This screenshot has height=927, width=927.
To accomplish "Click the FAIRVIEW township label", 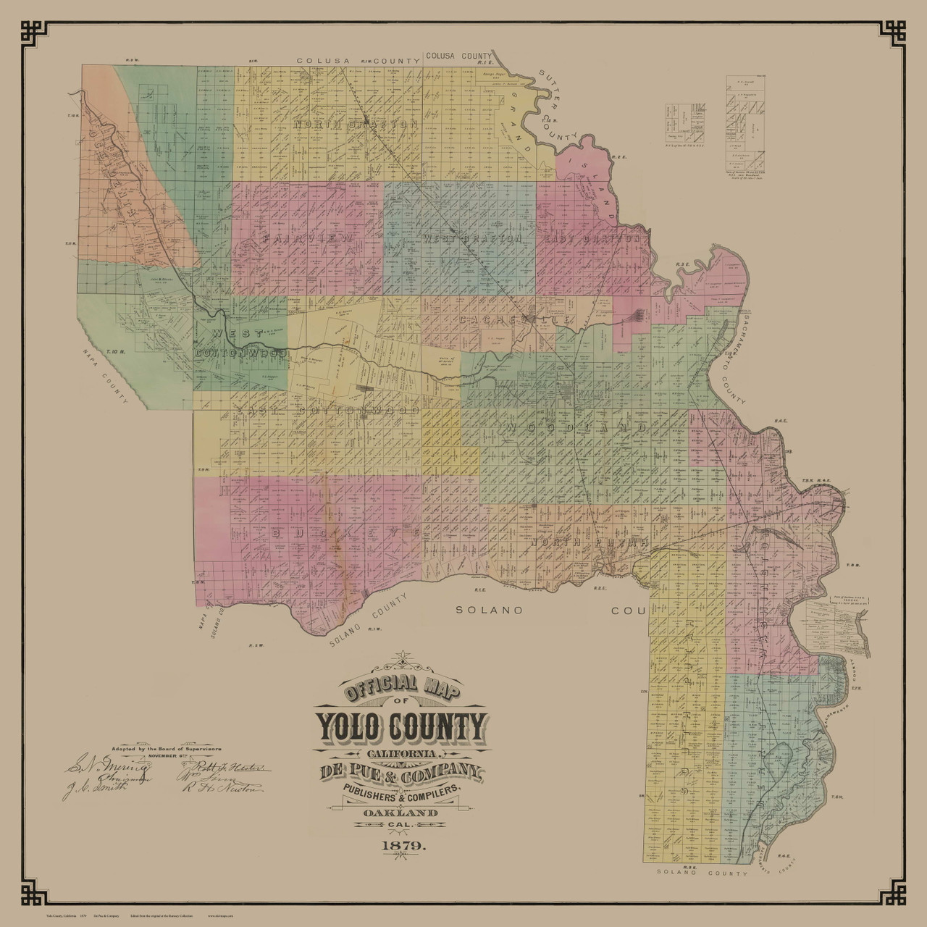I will [309, 238].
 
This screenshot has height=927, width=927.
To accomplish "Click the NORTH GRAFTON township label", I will [356, 125].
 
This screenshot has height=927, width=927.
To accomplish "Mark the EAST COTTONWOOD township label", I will [327, 411].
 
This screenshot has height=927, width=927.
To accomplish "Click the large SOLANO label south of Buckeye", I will [490, 610].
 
